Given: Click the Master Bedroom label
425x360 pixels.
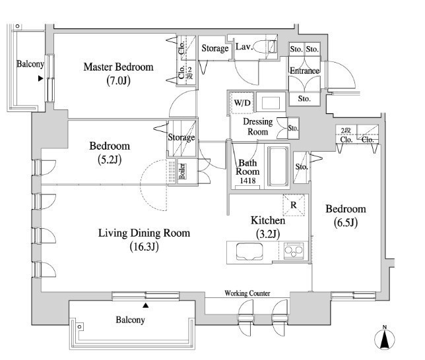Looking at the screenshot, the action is click(118, 67).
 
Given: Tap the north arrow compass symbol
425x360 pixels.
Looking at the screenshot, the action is click(384, 338).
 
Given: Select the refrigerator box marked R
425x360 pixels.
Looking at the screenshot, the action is click(294, 205).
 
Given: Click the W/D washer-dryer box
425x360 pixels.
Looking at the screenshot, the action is click(242, 103).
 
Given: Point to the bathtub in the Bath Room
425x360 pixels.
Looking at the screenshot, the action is click(278, 166).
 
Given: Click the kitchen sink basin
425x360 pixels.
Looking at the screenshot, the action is click(249, 252).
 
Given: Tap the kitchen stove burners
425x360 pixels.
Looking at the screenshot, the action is click(294, 251).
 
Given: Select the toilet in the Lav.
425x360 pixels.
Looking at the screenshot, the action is click(265, 46).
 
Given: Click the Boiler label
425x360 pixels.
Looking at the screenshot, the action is click(182, 171).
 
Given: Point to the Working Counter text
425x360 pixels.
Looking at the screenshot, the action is click(247, 293).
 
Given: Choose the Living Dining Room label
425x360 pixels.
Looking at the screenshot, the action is click(144, 233).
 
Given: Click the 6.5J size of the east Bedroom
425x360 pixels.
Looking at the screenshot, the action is click(346, 223).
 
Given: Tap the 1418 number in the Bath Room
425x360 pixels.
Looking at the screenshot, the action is click(247, 181).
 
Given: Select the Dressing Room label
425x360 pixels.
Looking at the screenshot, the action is click(258, 127).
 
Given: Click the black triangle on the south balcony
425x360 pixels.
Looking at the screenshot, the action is click(146, 305).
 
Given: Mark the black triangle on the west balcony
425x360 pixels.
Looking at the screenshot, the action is click(41, 78).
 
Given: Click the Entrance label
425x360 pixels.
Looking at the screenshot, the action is click(305, 71).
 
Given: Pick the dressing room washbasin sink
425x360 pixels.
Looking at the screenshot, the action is click(271, 102).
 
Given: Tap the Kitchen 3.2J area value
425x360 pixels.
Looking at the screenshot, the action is click(268, 234).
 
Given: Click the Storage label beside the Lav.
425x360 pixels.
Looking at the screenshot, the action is click(215, 49).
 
